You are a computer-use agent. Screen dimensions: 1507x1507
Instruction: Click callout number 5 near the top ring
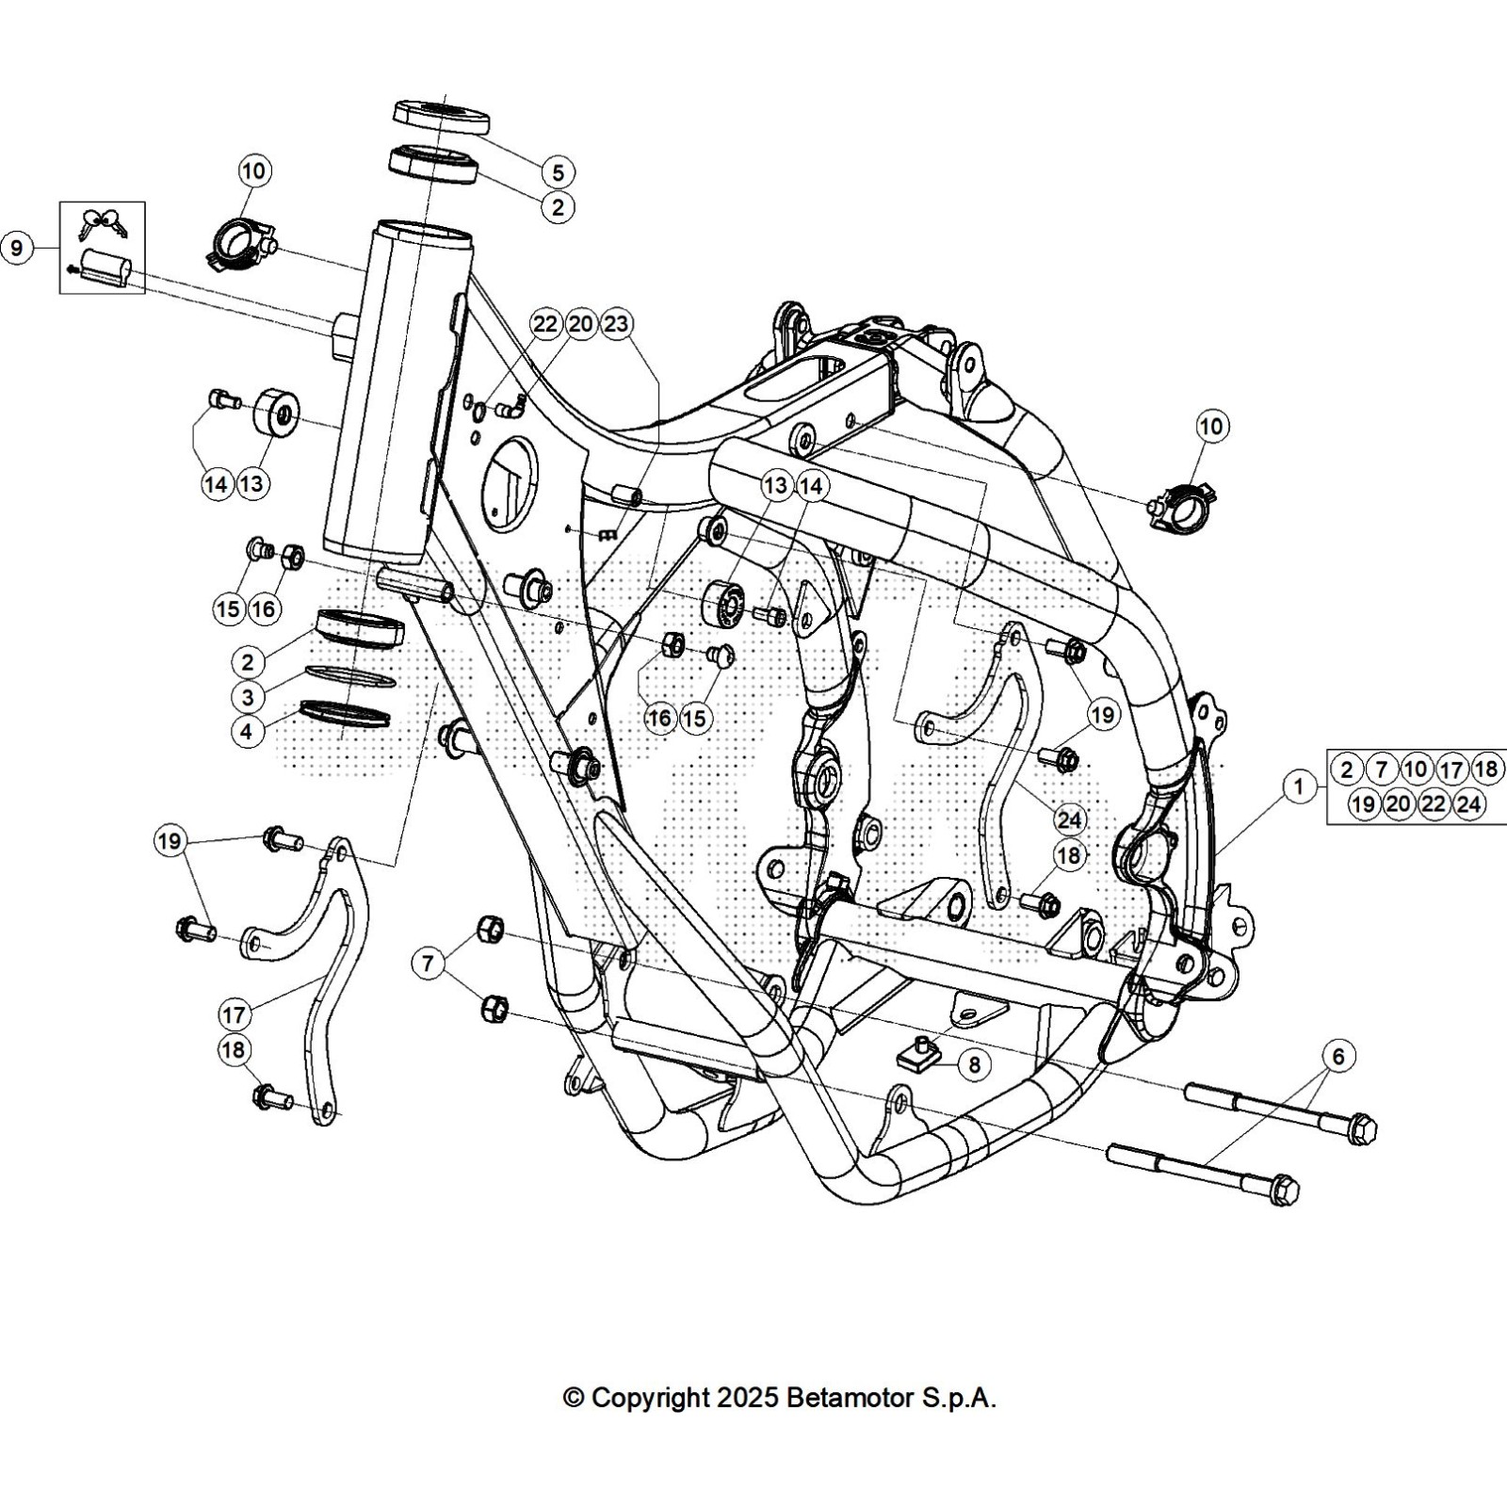558,172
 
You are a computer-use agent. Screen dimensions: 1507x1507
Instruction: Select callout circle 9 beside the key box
17,249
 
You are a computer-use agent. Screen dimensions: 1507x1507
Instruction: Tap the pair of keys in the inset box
103,222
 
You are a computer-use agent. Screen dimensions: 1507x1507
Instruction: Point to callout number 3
248,697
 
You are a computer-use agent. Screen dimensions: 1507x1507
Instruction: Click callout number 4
248,732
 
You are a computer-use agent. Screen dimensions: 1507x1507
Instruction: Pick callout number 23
616,324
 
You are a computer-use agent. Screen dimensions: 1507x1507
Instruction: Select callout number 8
974,1064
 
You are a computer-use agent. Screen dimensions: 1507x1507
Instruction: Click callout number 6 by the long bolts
1338,1056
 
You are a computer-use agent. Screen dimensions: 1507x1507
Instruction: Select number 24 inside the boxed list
1468,803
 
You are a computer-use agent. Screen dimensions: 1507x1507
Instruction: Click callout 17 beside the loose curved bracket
234,1014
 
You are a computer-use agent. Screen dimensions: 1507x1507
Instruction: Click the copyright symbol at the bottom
573,1399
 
